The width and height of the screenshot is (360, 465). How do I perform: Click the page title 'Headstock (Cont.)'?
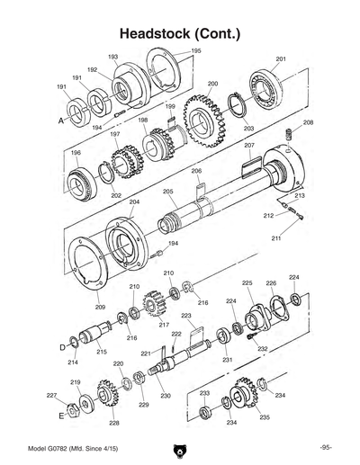pyautogui.click(x=180, y=33)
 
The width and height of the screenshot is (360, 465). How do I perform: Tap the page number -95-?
pyautogui.click(x=325, y=448)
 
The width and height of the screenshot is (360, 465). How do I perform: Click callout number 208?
pyautogui.click(x=308, y=121)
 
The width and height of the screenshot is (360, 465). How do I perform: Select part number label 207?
pyautogui.click(x=249, y=145)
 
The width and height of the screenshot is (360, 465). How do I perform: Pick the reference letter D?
pyautogui.click(x=63, y=344)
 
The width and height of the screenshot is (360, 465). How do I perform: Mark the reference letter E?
pyautogui.click(x=62, y=416)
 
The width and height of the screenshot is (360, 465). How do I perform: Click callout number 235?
pyautogui.click(x=264, y=417)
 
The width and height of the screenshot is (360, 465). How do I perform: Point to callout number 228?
pyautogui.click(x=114, y=423)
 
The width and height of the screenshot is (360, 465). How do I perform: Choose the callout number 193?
pyautogui.click(x=113, y=56)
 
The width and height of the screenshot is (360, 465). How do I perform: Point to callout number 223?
pyautogui.click(x=186, y=317)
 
